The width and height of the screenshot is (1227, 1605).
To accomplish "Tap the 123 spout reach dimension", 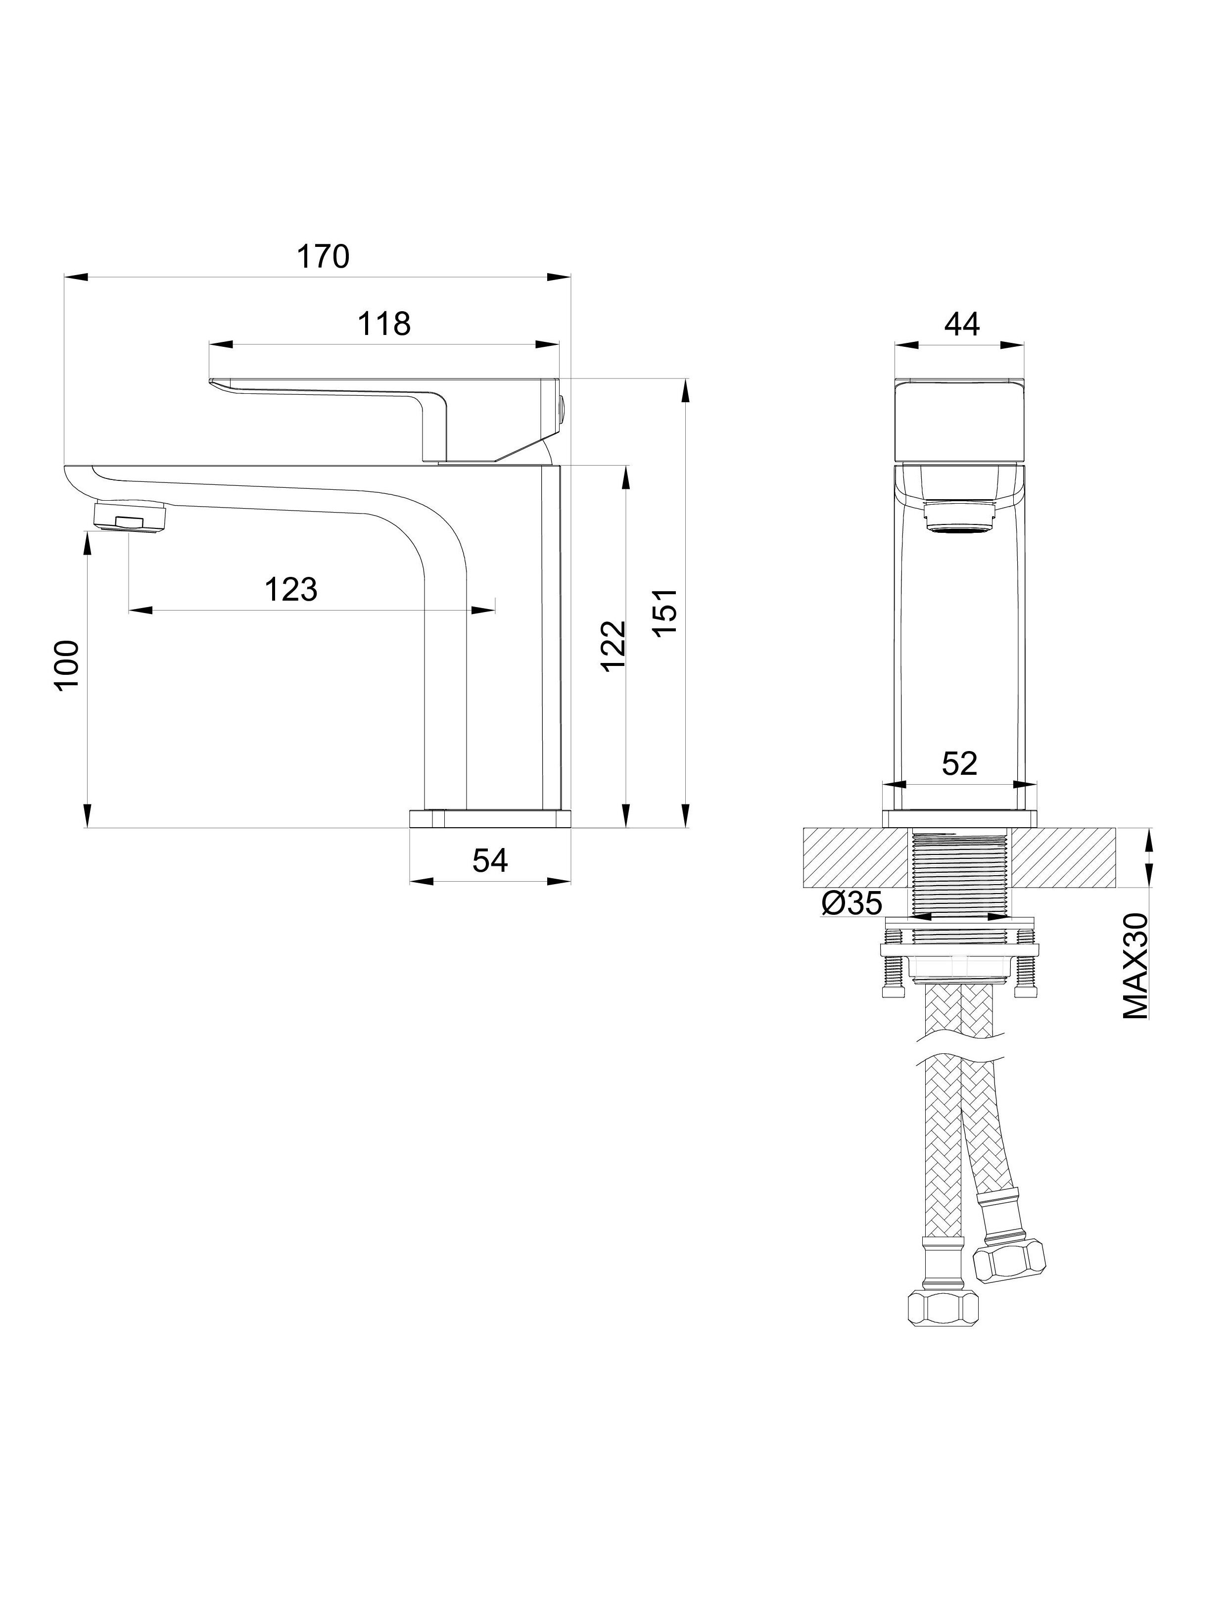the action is click(291, 589).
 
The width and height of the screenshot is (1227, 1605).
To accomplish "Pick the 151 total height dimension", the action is click(665, 614).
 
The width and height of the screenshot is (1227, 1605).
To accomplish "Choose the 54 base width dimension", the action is click(490, 860).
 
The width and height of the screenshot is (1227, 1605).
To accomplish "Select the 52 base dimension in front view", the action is click(959, 764).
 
